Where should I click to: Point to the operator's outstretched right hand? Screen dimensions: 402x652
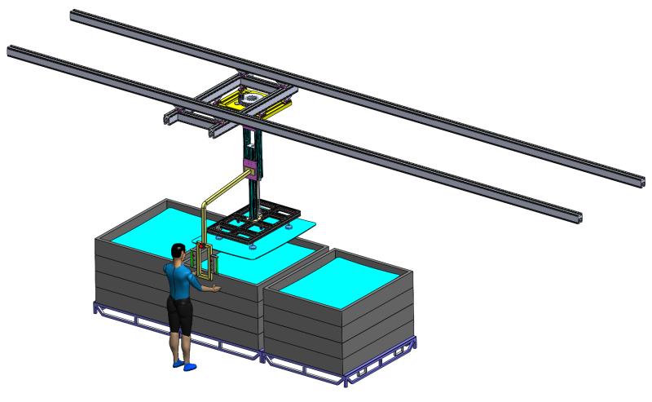click(214, 288)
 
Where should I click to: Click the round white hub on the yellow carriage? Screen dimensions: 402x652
click(254, 97)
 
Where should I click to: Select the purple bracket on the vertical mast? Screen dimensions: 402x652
click(251, 170)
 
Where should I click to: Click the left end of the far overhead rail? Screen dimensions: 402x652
click(75, 14)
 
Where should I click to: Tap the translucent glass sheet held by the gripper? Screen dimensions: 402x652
click(277, 243)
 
